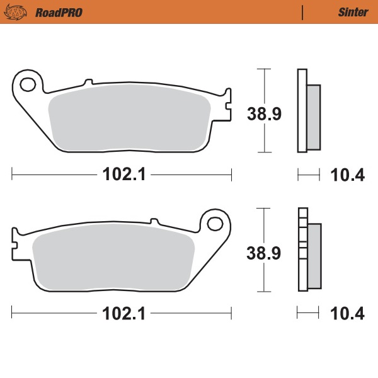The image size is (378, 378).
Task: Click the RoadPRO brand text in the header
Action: (59, 12)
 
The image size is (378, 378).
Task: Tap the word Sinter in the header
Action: (349, 12)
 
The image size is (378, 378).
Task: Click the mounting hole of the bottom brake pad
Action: (215, 222)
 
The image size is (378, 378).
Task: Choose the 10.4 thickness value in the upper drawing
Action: (348, 175)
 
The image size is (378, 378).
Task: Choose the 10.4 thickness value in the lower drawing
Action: (348, 314)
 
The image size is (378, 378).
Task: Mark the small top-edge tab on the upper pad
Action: (88, 82)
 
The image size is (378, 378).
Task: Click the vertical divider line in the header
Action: (303, 12)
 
